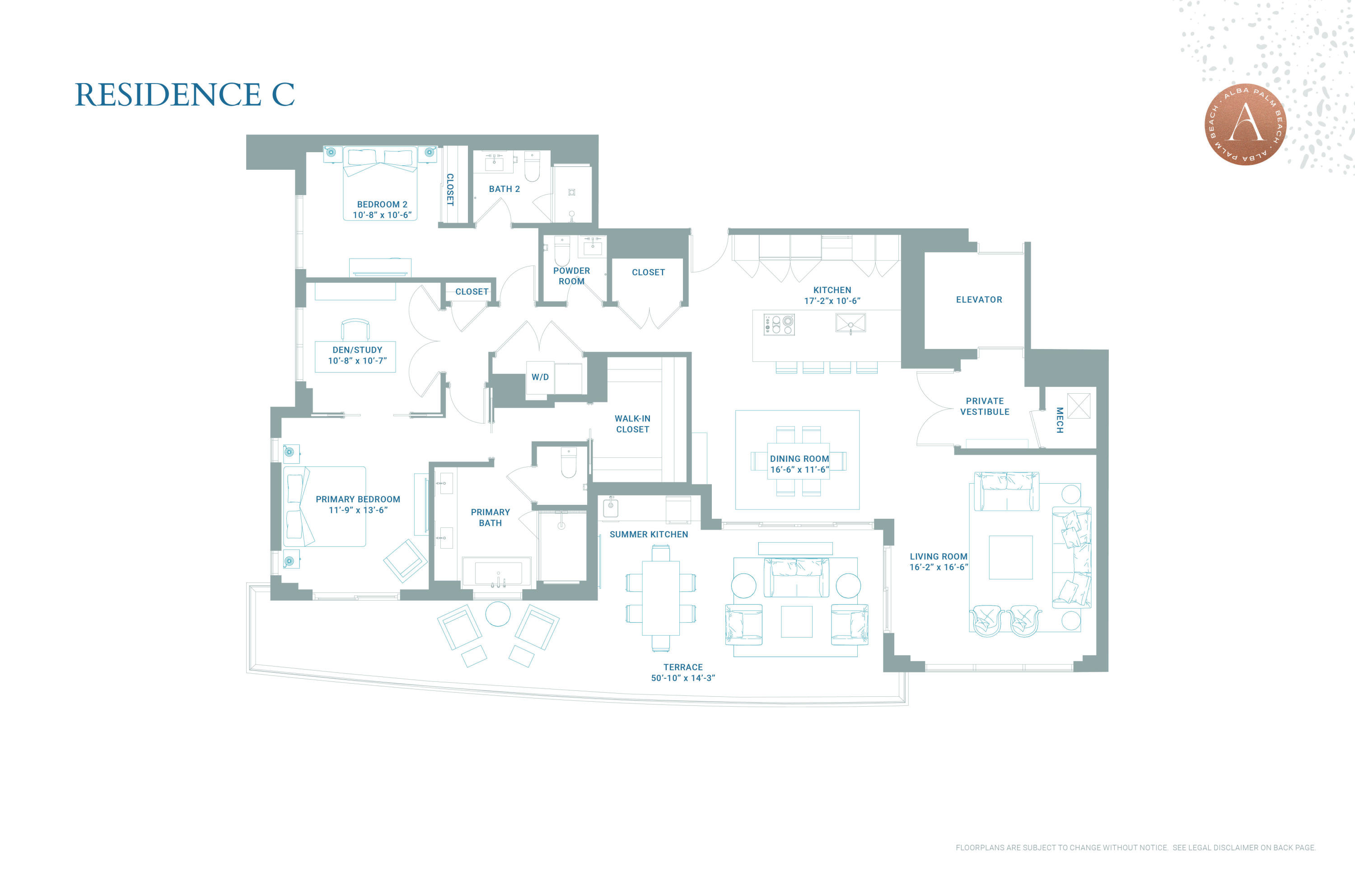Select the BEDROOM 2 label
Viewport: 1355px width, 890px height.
(x=382, y=204)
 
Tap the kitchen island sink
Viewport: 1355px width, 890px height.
(x=850, y=323)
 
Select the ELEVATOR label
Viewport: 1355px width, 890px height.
(x=979, y=299)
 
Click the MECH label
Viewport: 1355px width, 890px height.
(x=1060, y=420)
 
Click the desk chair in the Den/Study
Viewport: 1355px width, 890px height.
(x=355, y=329)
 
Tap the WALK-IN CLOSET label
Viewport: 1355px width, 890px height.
(x=632, y=424)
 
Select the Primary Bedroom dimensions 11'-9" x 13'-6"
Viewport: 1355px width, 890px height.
(x=358, y=510)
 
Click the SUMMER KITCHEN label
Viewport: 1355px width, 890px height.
(x=649, y=534)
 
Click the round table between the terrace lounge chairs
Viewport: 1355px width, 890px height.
(x=498, y=614)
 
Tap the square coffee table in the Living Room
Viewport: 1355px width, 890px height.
(x=1010, y=557)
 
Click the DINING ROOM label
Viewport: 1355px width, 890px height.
(x=799, y=459)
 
